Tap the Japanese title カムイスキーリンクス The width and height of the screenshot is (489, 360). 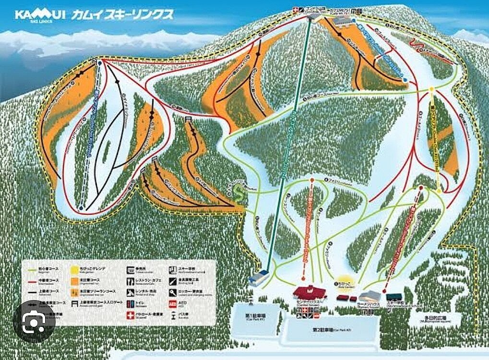click(x=122, y=14)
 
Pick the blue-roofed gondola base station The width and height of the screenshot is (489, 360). click(x=259, y=277)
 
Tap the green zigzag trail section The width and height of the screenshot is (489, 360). click(x=237, y=193)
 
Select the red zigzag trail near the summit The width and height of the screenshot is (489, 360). click(x=417, y=47)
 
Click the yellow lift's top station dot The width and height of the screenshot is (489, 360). click(x=431, y=89)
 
